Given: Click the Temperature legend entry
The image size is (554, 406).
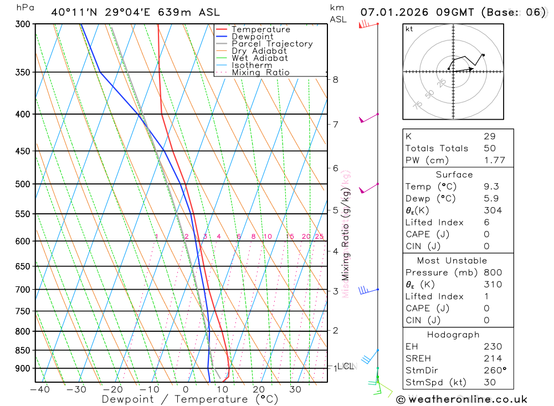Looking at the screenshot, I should (x=260, y=29).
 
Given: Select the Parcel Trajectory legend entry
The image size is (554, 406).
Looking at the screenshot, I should (x=272, y=44).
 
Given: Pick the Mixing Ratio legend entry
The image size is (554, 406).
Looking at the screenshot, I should (x=260, y=73).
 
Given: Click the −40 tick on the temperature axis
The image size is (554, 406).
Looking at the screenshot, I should (x=39, y=389).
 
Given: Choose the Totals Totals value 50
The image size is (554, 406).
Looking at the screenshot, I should (x=489, y=148).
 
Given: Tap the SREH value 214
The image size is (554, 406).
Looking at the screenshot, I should (x=492, y=358).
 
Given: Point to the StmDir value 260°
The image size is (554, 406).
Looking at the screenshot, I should (x=495, y=371).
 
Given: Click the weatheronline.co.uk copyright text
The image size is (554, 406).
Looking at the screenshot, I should (x=462, y=399).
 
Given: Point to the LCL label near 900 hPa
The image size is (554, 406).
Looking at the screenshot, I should (x=346, y=366).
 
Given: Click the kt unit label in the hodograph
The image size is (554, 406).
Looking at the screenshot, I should (x=409, y=29).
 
